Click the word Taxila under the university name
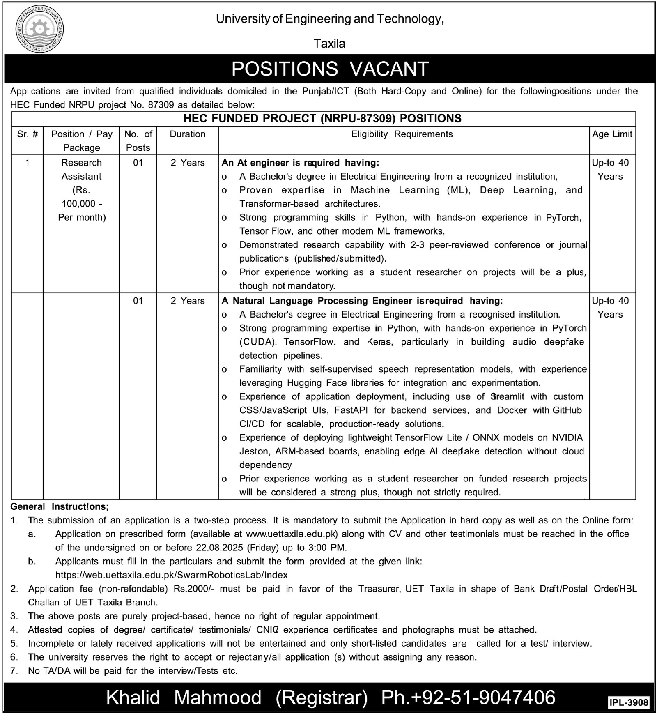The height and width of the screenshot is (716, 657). point(329,44)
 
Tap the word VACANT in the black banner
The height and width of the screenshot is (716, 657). point(389,69)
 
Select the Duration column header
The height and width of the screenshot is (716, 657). point(188,134)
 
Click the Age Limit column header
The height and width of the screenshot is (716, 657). point(612,134)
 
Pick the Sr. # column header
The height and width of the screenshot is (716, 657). point(28,134)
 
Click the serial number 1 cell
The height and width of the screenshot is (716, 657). point(28,163)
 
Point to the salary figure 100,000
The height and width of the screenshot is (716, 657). point(79,204)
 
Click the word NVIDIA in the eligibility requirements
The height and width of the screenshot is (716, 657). point(567,437)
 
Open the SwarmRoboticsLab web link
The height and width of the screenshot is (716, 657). point(171,575)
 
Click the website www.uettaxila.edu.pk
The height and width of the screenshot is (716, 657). point(292,534)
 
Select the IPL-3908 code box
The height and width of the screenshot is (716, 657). point(629,702)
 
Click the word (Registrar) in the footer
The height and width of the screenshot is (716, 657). point(322,698)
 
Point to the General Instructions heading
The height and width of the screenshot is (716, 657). point(60,506)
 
